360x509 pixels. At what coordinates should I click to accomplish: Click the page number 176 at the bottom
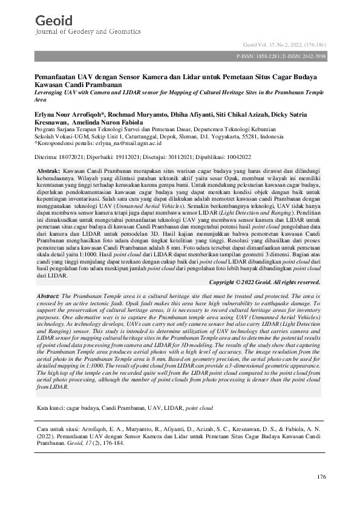tap(321, 478)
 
